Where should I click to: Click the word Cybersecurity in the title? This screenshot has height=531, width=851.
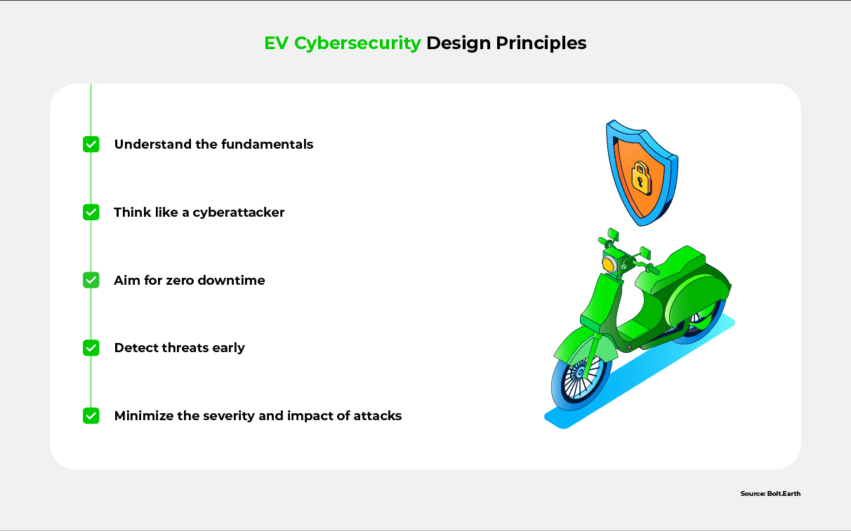coord(357,43)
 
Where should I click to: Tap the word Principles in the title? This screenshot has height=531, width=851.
coord(541,43)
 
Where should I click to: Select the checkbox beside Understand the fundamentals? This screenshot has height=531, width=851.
coord(91,144)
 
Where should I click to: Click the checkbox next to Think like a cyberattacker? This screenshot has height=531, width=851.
coord(91,212)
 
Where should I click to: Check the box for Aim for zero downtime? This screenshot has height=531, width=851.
coord(91,280)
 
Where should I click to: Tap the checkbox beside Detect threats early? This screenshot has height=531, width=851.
coord(91,348)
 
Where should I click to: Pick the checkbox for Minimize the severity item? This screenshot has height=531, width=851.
coord(91,416)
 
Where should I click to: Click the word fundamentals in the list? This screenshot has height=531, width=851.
coord(267,144)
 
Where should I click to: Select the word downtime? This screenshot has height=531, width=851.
coord(232,280)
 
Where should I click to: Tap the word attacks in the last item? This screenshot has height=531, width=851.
coord(378,416)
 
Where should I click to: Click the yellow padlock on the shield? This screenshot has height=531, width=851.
coord(641,178)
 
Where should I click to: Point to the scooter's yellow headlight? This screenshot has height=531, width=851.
coord(608,264)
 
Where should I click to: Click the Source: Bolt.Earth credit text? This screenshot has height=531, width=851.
coord(770,493)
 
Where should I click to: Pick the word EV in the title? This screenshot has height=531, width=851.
coord(276,43)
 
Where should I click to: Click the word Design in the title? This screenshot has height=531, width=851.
coord(459,43)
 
